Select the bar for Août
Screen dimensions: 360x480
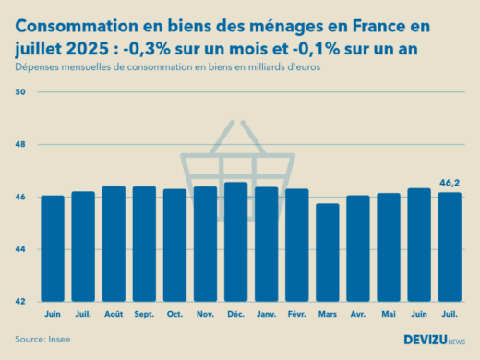[114, 244]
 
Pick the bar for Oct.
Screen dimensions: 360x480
[174, 246]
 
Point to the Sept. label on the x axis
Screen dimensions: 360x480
[144, 314]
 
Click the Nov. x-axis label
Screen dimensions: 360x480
[205, 314]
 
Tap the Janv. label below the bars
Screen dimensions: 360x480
[266, 314]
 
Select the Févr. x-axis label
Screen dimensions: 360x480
[296, 314]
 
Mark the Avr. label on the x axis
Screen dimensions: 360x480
[357, 314]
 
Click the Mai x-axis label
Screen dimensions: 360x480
[388, 314]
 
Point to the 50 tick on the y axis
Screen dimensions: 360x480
[21, 92]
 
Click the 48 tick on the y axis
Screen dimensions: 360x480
[21, 145]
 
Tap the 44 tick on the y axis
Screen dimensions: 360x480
[21, 249]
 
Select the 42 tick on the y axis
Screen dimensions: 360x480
[21, 302]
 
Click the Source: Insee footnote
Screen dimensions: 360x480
[42, 340]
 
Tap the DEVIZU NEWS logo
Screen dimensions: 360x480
[434, 340]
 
